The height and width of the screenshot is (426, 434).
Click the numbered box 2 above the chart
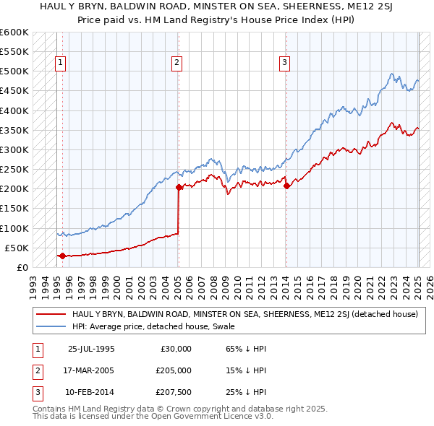pos(176,63)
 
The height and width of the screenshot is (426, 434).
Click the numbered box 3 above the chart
pos(285,63)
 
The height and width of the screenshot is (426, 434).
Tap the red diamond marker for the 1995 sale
pos(62,256)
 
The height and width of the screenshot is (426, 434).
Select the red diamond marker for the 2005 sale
pos(179,187)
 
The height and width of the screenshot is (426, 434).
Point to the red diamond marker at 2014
pos(287,186)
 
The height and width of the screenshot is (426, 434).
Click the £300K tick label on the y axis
pos(14,149)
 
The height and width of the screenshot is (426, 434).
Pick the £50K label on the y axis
pos(17,248)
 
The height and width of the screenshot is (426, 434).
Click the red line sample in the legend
pos(51,314)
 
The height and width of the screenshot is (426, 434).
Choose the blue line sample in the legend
pos(51,326)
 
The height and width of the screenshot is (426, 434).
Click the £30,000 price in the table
pos(176,348)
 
